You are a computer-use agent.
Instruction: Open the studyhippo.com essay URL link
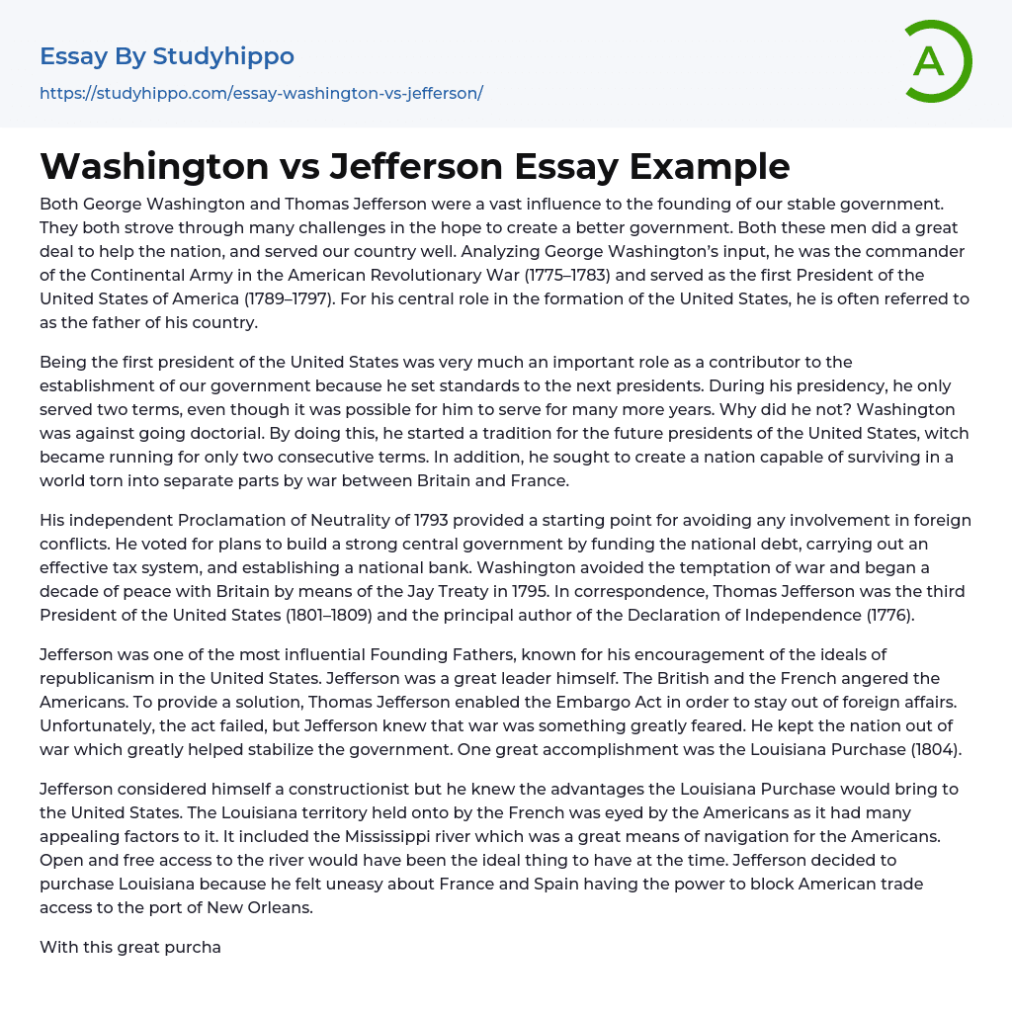tap(261, 94)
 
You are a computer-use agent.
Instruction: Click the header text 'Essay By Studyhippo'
tap(167, 56)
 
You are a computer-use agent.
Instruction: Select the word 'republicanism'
tap(93, 678)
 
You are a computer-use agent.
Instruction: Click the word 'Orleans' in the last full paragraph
tap(280, 907)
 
